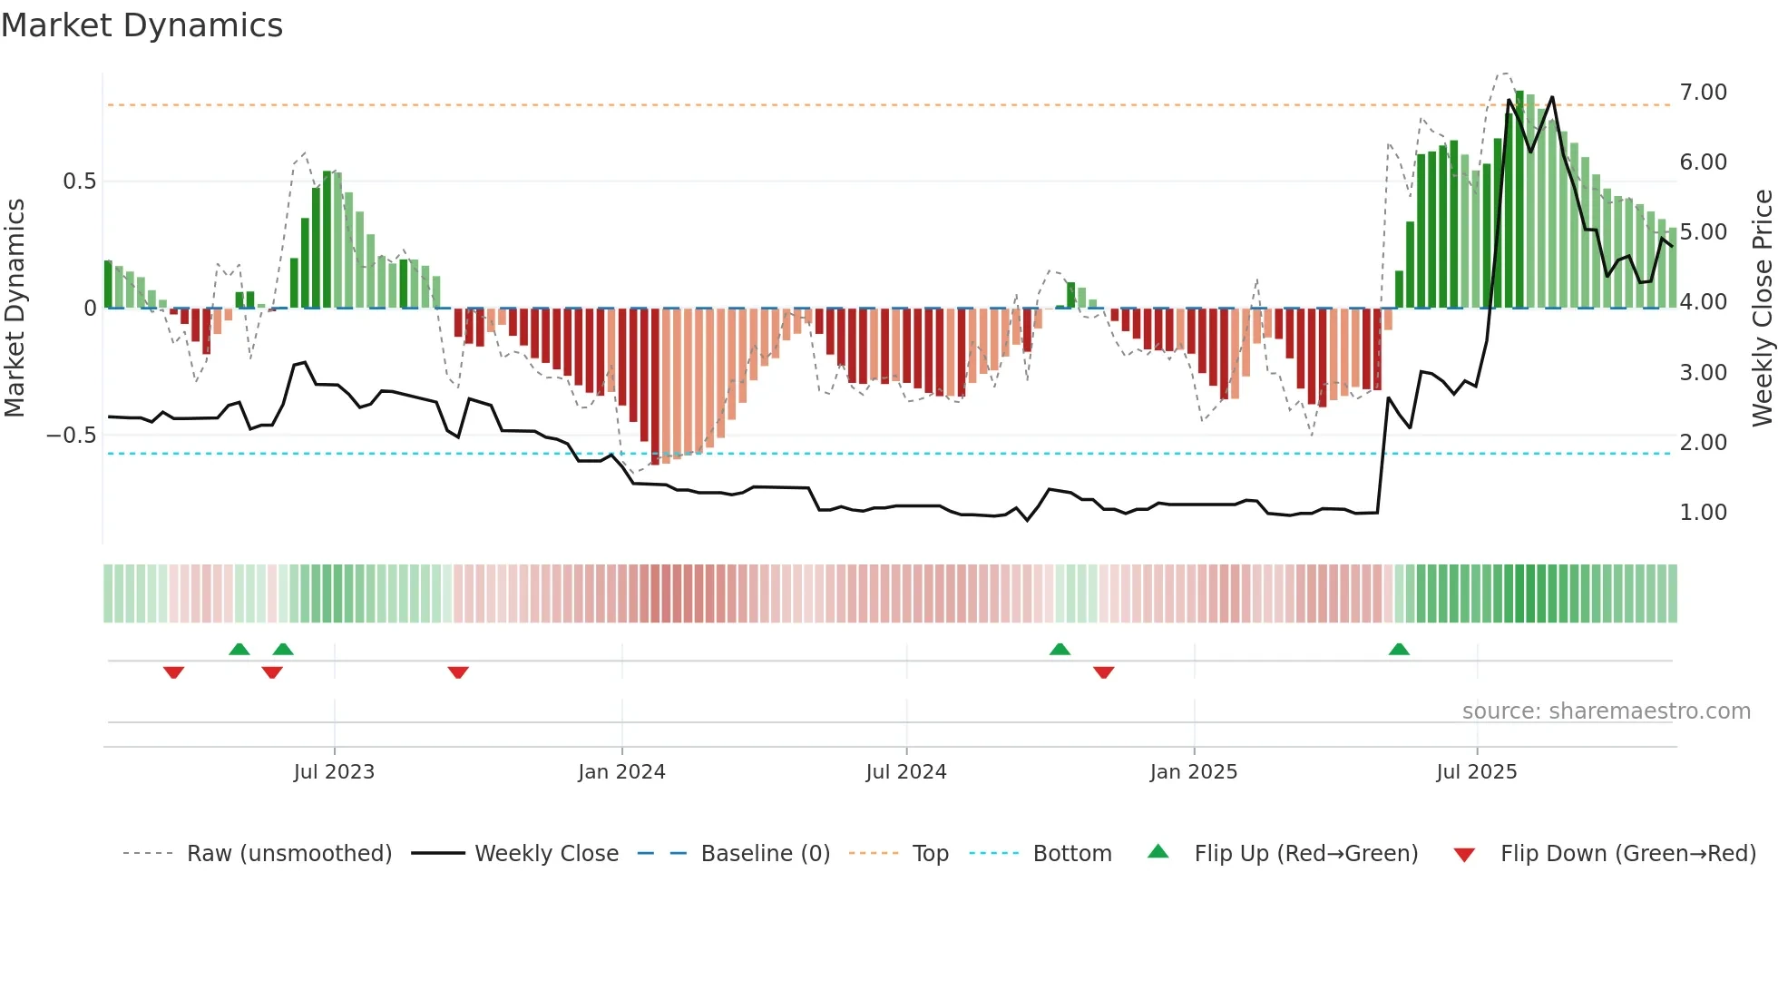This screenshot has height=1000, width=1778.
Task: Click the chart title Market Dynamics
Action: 142,25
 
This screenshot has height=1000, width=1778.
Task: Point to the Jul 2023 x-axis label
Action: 334,772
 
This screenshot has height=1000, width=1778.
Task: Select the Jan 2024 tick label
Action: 621,772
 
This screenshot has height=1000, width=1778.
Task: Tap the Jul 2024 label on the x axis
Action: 906,772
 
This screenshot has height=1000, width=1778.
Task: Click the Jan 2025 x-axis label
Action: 1193,772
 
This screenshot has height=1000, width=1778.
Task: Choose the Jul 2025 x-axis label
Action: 1476,772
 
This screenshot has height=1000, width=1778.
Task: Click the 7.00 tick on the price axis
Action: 1703,93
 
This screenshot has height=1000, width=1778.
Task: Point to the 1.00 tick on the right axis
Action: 1703,513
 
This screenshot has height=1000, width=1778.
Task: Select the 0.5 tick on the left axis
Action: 79,181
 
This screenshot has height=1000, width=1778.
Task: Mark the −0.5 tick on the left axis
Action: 71,436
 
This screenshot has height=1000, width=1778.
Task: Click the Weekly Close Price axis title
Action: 1762,308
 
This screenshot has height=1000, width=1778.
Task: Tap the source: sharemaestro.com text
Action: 1606,711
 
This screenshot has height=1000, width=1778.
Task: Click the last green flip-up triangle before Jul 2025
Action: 1399,649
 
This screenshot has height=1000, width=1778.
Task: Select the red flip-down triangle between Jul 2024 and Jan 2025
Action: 1103,672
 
